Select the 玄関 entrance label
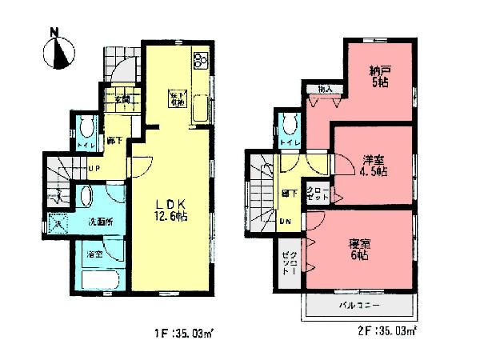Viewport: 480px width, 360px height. tap(122, 99)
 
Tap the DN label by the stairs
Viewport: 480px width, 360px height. tap(287, 222)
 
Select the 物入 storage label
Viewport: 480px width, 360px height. tap(324, 89)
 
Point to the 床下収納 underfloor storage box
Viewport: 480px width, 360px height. tap(177, 99)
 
